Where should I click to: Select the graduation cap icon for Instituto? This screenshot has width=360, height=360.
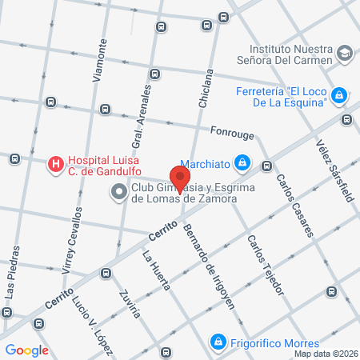click(345, 54)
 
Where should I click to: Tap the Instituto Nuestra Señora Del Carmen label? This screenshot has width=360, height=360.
click(289, 54)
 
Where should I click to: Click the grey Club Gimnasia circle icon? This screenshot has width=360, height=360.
click(119, 192)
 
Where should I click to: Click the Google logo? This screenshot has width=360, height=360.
click(27, 350)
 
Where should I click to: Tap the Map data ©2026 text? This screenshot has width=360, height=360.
click(326, 354)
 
